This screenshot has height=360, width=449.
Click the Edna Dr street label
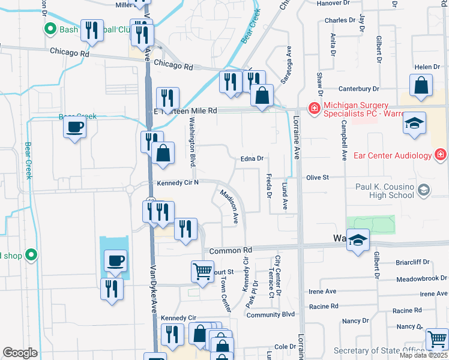252,159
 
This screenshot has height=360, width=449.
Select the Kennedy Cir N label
177,182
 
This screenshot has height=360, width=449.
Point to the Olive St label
318,178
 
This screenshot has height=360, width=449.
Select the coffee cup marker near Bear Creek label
75,127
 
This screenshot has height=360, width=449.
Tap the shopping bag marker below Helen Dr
421,85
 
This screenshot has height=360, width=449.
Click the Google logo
20,353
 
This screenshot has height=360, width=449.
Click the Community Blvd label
271,314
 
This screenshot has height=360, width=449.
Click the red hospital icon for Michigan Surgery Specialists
313,109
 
